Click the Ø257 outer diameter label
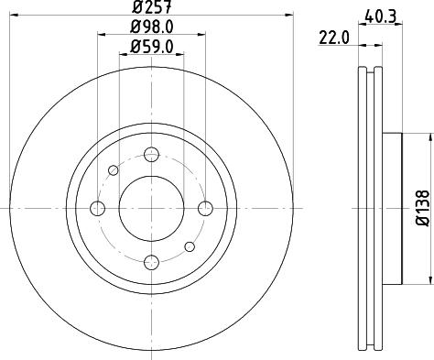click(x=151, y=8)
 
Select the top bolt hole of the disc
click(x=151, y=154)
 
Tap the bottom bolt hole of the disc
click(x=151, y=263)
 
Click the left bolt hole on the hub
click(x=97, y=209)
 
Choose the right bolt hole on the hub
click(x=205, y=209)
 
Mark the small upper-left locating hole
click(x=113, y=169)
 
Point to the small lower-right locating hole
click(x=190, y=246)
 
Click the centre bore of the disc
click(x=151, y=209)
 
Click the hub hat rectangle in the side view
click(x=392, y=209)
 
